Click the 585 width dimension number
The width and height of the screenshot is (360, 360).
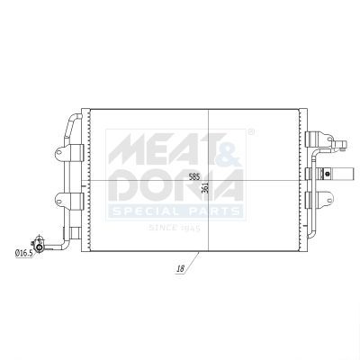(194, 176)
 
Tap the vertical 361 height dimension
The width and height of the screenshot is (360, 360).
(205, 188)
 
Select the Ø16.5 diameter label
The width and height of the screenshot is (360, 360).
(23, 254)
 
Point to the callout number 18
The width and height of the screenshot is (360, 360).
(181, 269)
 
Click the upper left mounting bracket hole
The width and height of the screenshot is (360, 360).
(59, 152)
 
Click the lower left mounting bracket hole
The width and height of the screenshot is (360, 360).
(59, 200)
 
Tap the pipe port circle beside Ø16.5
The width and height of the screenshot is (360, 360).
(39, 247)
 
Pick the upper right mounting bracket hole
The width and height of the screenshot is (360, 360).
(330, 139)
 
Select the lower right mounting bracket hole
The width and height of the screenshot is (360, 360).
(329, 200)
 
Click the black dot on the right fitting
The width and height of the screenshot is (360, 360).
(328, 173)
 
